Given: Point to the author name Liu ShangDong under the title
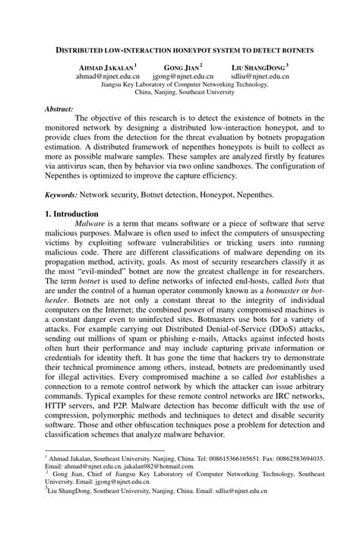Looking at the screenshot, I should pyautogui.click(x=257, y=68).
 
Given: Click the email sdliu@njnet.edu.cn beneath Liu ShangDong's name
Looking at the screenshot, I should pyautogui.click(x=260, y=77).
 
